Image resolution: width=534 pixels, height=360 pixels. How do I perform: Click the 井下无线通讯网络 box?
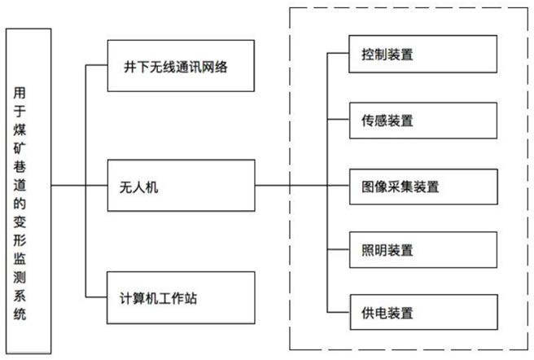coord(181,66)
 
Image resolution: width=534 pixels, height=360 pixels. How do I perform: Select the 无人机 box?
coord(182,186)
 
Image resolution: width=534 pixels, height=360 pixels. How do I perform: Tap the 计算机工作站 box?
coord(181,297)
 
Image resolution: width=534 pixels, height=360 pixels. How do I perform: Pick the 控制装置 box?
coord(423,54)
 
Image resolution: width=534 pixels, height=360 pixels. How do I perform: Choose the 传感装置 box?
coord(423,121)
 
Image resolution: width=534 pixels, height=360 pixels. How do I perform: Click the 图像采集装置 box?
coord(423,187)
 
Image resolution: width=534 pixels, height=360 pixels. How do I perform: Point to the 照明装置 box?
coord(423,250)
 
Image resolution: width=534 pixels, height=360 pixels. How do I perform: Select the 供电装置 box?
coord(424,312)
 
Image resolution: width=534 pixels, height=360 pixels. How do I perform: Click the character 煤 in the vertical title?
coord(20,130)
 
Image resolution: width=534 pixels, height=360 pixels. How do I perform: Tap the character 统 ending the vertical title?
coord(20,314)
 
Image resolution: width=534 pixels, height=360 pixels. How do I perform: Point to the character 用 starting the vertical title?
coord(20,93)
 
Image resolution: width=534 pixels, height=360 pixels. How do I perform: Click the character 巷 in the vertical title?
coord(20,167)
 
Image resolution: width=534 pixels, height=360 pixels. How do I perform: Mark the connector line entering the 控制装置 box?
coord(338,53)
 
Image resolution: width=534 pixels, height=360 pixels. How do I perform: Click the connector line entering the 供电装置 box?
coord(339,312)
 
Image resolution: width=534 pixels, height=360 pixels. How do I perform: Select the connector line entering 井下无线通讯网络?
coord(96,65)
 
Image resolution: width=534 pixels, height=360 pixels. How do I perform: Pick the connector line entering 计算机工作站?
coord(96,297)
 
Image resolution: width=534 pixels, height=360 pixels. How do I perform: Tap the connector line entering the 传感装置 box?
coord(338,119)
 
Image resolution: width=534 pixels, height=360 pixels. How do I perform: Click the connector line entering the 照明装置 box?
coord(338,249)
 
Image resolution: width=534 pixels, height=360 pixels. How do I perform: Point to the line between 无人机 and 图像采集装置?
coord(303,186)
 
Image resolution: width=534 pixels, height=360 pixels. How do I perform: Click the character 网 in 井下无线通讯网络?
coord(208,67)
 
